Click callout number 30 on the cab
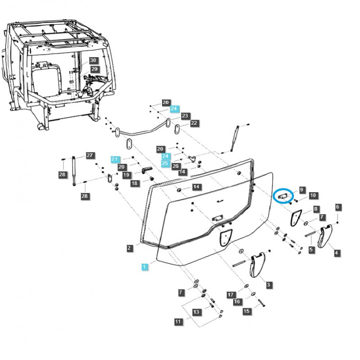93,60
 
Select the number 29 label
94,69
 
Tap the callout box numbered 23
184,116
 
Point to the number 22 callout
193,123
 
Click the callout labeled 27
90,155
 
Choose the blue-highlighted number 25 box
165,163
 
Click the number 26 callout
175,166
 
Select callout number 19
126,175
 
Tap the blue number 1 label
144,267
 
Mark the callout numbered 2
129,248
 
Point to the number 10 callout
312,196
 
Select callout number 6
337,207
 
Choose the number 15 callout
247,311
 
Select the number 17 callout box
231,295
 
